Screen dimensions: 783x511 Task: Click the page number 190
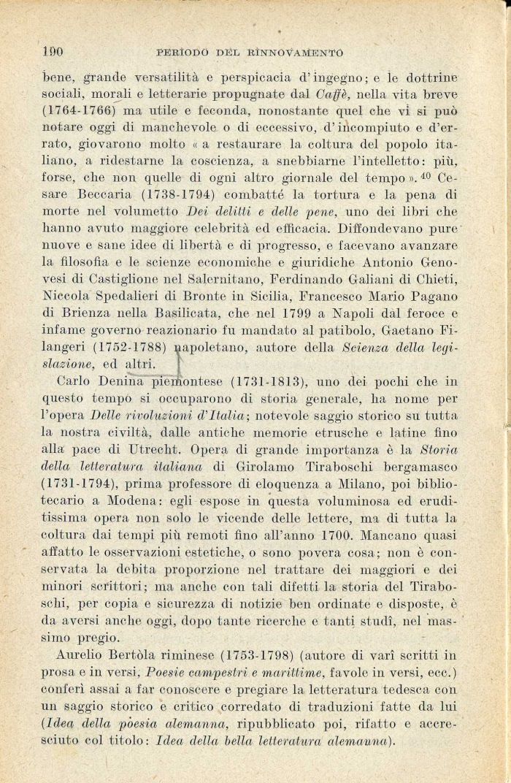tap(53, 52)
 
